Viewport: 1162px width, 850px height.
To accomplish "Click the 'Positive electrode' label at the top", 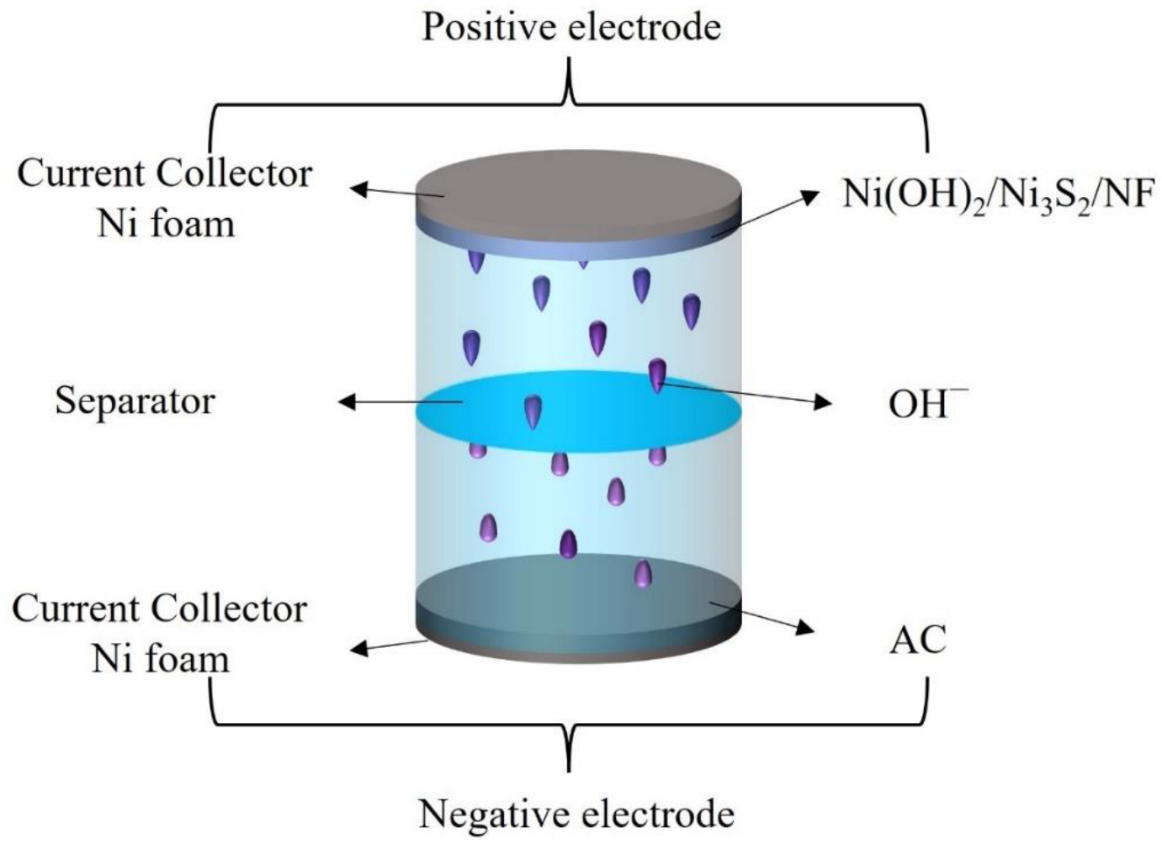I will [571, 27].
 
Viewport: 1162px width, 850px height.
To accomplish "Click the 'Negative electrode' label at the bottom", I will [576, 814].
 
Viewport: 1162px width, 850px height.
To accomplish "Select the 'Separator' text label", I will [135, 401].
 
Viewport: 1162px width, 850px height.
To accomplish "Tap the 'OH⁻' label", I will [926, 404].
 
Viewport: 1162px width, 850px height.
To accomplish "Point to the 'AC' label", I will [918, 640].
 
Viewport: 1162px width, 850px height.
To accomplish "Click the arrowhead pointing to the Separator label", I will [346, 402].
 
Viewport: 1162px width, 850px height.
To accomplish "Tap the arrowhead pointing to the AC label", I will [807, 628].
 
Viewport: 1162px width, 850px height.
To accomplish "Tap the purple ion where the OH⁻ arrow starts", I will [657, 374].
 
